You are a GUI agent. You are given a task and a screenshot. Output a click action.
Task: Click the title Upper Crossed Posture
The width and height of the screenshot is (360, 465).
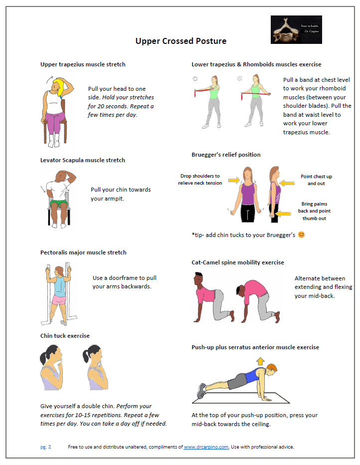tap(181, 41)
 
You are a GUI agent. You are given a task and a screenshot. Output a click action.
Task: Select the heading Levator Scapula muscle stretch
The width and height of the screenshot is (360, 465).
tap(82, 160)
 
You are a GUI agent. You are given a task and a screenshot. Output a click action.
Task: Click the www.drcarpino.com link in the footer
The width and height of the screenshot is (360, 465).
tap(206, 447)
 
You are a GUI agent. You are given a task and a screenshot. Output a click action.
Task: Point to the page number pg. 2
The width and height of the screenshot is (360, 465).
tap(45, 447)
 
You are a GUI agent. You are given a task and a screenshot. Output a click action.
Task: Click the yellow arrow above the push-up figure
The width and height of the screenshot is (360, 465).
tap(260, 361)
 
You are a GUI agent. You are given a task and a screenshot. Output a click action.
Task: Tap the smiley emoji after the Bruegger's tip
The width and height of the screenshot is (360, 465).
tap(301, 234)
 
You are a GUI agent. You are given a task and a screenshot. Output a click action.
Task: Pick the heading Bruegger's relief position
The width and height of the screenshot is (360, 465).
tap(226, 155)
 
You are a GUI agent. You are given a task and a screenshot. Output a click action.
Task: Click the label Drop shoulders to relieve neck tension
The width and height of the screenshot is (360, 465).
tap(200, 180)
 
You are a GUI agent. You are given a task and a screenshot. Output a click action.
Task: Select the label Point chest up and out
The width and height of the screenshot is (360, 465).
tap(316, 180)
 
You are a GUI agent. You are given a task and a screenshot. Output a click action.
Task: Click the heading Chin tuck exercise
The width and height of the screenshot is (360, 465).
tap(65, 336)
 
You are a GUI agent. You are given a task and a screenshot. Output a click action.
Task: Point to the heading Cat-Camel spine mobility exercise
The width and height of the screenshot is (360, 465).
tap(237, 262)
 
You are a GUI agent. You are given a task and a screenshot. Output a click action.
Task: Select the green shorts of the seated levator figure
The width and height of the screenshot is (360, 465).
tap(59, 204)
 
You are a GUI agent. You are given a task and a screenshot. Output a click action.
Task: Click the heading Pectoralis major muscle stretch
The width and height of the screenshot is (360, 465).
tap(83, 252)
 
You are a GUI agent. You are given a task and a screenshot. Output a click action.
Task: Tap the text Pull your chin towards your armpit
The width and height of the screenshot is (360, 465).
tap(121, 194)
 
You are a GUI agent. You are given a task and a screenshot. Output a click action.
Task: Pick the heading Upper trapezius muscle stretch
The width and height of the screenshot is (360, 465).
tap(83, 64)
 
